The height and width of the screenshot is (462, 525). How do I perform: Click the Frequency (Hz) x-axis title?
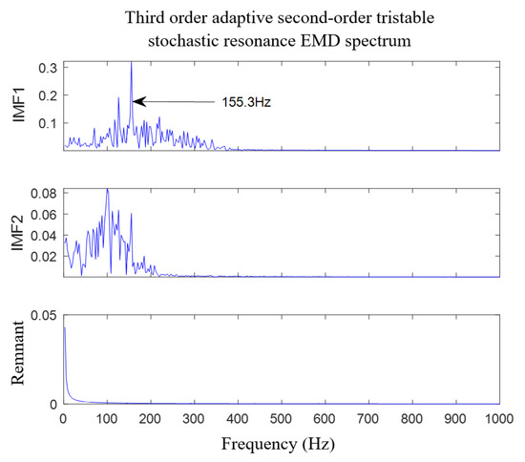point(281,444)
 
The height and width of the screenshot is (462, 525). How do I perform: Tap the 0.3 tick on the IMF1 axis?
point(48,68)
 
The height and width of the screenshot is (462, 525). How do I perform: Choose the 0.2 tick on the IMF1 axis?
point(48,95)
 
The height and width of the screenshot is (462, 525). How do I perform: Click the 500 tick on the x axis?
point(281,418)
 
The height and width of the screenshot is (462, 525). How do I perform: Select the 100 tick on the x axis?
point(107,418)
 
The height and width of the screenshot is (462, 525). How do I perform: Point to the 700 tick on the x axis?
point(367,418)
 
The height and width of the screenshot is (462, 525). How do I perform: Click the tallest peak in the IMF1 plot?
point(131,63)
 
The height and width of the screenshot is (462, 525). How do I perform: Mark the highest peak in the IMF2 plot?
point(107,189)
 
